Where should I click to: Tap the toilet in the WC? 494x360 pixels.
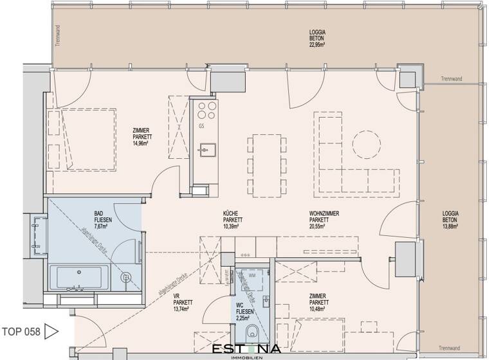click(x=253, y=334)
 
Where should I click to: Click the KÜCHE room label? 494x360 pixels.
click(x=231, y=213)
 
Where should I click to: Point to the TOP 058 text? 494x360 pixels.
click(x=21, y=332)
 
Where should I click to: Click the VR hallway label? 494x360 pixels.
click(x=176, y=296)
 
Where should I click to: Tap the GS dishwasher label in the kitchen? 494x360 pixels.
click(x=201, y=126)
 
